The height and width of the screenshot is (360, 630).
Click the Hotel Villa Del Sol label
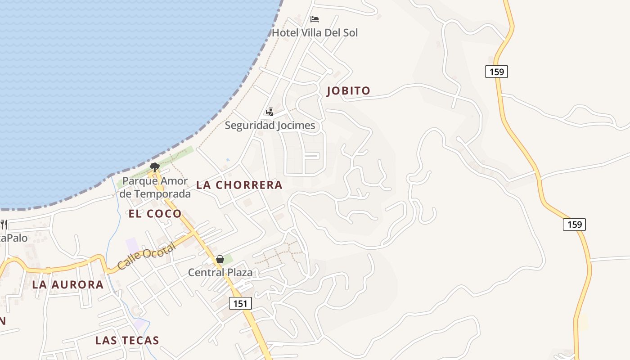315,33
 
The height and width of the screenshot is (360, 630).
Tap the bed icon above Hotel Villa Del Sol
315,19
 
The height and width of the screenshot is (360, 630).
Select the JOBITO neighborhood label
348,90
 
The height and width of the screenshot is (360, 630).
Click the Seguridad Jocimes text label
270,125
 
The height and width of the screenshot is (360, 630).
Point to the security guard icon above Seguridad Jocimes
270,112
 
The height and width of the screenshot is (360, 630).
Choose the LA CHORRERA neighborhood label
239,185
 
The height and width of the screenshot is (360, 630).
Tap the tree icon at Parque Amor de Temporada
154,167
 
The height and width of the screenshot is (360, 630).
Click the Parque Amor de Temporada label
155,188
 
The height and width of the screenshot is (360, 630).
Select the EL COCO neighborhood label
155,214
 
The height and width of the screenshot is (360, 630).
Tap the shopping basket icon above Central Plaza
220,259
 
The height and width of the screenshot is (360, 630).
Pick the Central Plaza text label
220,272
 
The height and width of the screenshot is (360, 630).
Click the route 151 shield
240,304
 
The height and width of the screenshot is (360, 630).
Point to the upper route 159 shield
496,71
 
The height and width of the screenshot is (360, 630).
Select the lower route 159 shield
574,224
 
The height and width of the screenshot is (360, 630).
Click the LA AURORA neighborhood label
68,285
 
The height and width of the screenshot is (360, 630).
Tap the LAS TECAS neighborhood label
127,341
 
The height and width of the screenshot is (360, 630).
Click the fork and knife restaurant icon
4,224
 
